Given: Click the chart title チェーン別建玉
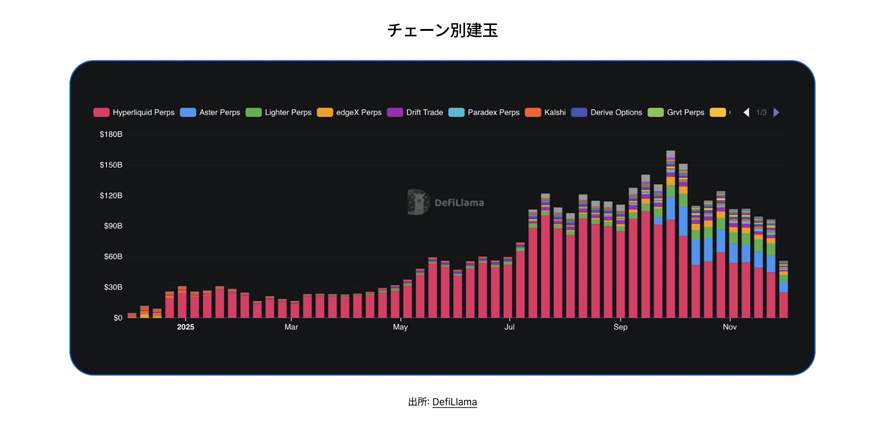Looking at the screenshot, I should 442,30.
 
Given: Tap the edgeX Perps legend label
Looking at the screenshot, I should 359,113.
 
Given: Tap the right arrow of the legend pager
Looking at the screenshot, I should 776,113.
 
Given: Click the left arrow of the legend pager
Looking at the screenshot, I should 746,113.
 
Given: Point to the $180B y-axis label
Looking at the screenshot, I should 111,134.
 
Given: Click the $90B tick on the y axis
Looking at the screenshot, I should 113,226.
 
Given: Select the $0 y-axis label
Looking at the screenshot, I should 118,318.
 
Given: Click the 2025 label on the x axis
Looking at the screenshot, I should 185,327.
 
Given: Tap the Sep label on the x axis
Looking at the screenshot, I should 620,327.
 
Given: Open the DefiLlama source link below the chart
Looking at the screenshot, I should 454,402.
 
